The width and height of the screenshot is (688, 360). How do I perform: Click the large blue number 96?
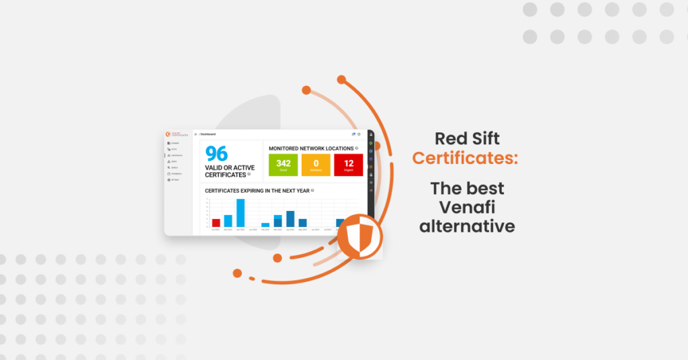(x=216, y=154)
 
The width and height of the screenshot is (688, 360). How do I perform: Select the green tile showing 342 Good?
(x=283, y=165)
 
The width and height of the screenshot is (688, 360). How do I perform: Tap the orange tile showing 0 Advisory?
(x=316, y=165)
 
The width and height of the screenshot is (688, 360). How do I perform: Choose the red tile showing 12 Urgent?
(x=348, y=165)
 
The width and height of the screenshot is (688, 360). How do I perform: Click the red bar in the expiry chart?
(x=216, y=222)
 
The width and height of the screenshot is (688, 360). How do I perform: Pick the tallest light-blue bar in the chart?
(x=240, y=213)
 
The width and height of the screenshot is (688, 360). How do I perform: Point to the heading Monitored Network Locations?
(x=310, y=148)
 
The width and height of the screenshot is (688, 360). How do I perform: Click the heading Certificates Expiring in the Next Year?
(x=257, y=190)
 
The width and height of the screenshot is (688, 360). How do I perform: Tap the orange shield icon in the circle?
(x=359, y=236)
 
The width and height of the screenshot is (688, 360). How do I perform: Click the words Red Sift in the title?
(x=467, y=139)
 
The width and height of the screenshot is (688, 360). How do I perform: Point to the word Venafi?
(x=467, y=206)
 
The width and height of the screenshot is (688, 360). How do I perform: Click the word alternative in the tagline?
(x=467, y=226)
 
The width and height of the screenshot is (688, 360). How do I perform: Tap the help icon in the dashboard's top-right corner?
(x=359, y=134)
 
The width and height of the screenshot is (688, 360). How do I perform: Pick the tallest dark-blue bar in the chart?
(x=290, y=218)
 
